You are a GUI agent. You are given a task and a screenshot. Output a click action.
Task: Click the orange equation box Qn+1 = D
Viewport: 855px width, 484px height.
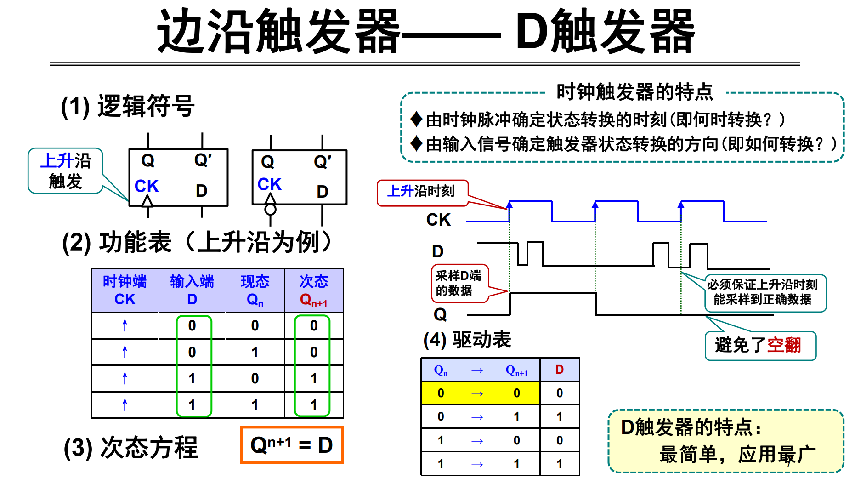coord(291,445)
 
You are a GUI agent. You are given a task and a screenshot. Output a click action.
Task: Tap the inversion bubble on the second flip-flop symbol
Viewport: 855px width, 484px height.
coord(270,210)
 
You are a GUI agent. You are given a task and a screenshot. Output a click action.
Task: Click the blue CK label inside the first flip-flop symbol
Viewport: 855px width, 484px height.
coord(146,186)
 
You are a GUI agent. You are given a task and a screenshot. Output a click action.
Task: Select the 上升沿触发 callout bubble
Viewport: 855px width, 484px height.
coord(65,171)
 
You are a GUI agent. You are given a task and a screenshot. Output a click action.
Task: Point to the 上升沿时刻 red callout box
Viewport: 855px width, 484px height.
coord(422,192)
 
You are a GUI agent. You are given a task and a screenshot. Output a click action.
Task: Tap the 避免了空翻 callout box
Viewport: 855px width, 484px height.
coord(760,345)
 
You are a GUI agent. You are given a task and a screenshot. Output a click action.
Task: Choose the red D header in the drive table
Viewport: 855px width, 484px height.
coord(559,370)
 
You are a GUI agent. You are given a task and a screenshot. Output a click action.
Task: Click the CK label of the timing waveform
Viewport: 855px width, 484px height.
coord(438,220)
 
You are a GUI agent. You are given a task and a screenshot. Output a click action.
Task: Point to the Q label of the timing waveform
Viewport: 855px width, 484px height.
coord(440,314)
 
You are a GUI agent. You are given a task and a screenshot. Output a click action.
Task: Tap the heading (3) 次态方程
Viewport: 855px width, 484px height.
coord(131,447)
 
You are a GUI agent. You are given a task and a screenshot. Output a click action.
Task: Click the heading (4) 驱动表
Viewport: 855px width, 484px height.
coord(467,340)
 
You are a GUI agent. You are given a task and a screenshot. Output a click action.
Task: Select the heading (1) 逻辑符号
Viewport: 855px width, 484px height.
coord(128,106)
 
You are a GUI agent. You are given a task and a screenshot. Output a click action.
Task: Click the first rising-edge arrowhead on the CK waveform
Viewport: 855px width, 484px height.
coord(510,205)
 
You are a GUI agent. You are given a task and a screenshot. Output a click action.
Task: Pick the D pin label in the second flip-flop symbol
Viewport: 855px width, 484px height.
coord(323,192)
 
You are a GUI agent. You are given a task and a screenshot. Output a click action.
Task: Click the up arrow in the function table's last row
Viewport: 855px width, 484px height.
coord(125,404)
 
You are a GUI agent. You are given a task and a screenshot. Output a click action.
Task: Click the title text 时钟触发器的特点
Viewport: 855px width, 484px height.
coord(634,92)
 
